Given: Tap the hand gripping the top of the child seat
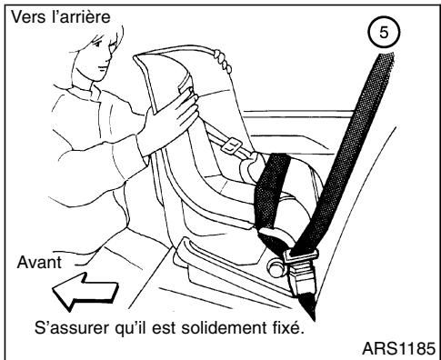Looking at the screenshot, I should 219,62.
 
